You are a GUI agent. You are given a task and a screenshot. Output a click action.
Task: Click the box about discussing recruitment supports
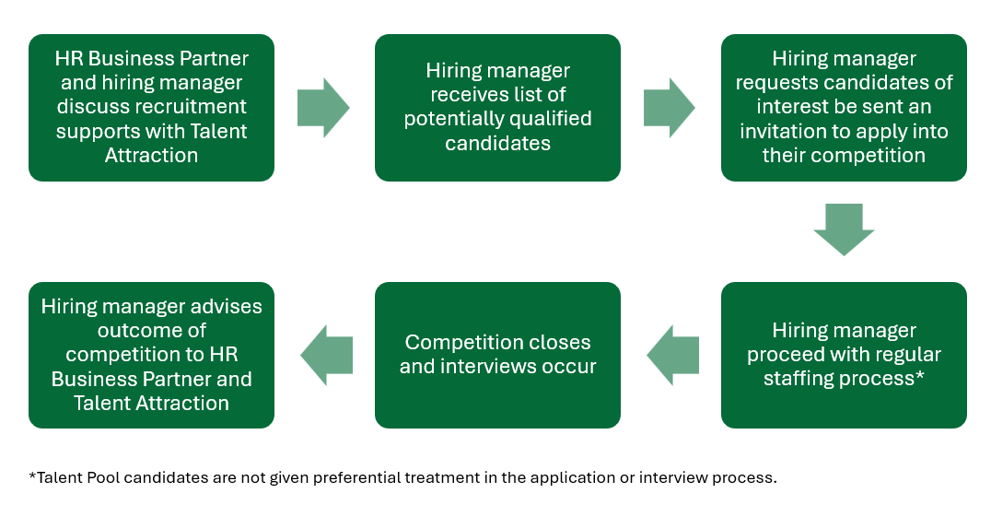coord(151,108)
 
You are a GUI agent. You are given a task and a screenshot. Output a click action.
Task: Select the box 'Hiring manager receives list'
coord(497,108)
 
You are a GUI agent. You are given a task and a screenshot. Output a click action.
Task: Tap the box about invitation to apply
coord(844,108)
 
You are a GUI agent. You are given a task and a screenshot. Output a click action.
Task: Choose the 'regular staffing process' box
coord(844,355)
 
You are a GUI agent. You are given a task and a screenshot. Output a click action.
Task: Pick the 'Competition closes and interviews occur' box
coord(497,355)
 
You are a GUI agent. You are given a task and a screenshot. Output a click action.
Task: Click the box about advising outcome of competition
coord(151,355)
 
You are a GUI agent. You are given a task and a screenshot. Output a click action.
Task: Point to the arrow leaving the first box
coord(323,108)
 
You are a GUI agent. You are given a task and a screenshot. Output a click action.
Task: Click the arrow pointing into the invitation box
coord(669,108)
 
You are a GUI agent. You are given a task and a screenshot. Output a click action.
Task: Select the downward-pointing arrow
coord(844,229)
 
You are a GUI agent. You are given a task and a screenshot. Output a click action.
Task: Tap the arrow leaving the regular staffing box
coord(672,355)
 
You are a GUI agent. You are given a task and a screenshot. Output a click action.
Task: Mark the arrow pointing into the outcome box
coord(327,355)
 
